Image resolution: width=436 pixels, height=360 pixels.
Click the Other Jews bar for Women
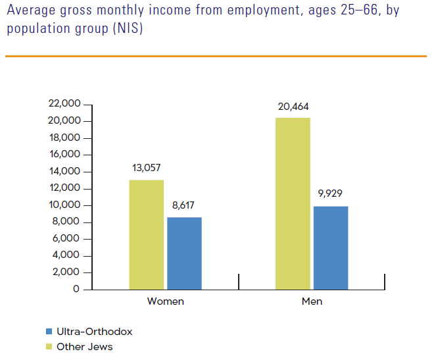147,234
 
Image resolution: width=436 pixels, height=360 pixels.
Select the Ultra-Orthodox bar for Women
184,253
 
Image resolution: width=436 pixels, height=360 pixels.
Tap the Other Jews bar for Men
293,203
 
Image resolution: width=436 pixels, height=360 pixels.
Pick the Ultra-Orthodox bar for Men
331,247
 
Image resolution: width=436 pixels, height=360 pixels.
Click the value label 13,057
147,168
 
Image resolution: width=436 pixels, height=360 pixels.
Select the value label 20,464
293,106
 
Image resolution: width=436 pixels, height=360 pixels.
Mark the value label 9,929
331,193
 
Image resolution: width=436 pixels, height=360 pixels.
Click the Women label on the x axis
166,302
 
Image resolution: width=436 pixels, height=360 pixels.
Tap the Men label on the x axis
312,302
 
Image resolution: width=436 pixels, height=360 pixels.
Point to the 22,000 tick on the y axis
64,104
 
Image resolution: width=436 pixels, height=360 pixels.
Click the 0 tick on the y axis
76,289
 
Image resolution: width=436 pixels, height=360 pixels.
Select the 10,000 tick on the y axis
64,205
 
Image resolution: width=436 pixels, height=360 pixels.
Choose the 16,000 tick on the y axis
64,155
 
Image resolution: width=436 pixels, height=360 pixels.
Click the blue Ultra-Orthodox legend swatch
49,332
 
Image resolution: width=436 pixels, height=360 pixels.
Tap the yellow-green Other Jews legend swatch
49,346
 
